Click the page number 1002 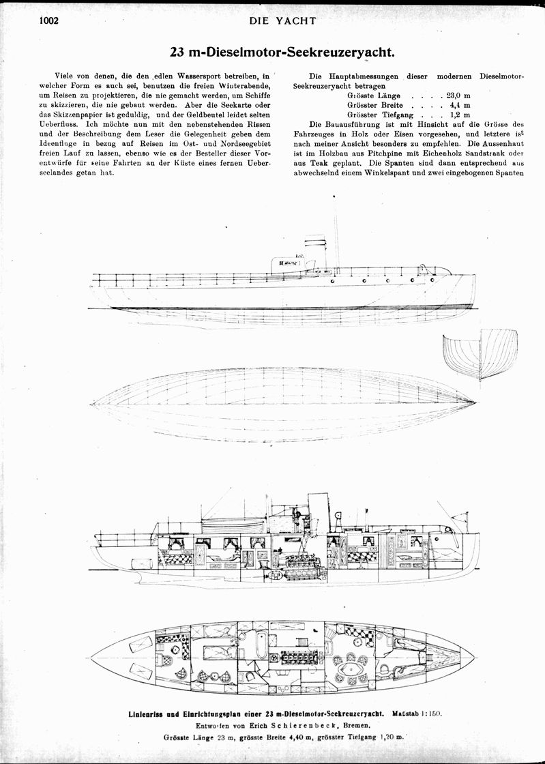coord(49,20)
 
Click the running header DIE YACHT coord(282,20)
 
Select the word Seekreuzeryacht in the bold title coord(340,52)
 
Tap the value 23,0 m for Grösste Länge coord(458,95)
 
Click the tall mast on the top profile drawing coord(335,231)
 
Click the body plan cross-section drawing coord(480,354)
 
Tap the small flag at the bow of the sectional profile coord(459,515)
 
